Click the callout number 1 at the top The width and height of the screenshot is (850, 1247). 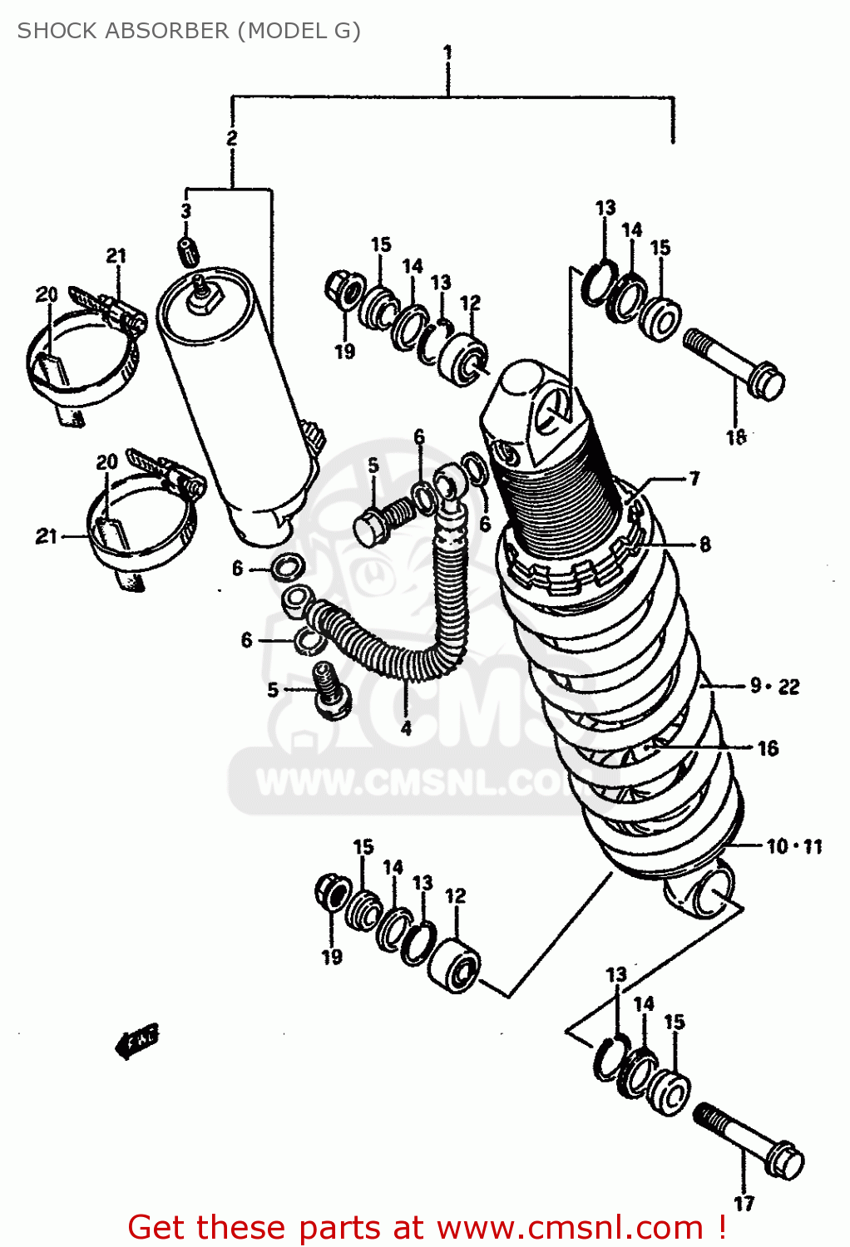pyautogui.click(x=447, y=53)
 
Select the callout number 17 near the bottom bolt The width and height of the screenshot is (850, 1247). pyautogui.click(x=744, y=1202)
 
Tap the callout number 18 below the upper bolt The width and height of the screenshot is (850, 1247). pyautogui.click(x=736, y=436)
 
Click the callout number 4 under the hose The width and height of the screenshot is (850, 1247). pyautogui.click(x=406, y=728)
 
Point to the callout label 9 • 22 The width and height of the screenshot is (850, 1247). pyautogui.click(x=774, y=686)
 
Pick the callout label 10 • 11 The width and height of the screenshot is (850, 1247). pyautogui.click(x=793, y=846)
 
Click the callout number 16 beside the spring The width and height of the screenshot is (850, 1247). pyautogui.click(x=768, y=748)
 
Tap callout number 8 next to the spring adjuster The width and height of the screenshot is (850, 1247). pyautogui.click(x=704, y=545)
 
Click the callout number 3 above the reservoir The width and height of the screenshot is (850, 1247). pyautogui.click(x=186, y=211)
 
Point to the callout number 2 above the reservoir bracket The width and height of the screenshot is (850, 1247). pyautogui.click(x=232, y=138)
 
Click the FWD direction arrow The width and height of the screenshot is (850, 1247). pyautogui.click(x=136, y=1040)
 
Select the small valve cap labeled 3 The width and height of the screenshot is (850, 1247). pyautogui.click(x=187, y=248)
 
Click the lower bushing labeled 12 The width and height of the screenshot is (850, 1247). pyautogui.click(x=454, y=966)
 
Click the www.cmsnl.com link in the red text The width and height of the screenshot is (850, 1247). pyautogui.click(x=570, y=1227)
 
